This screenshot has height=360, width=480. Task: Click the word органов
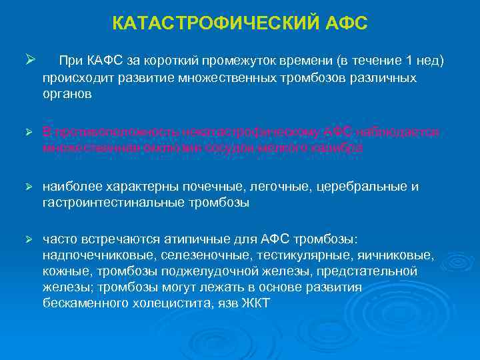click(67, 94)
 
